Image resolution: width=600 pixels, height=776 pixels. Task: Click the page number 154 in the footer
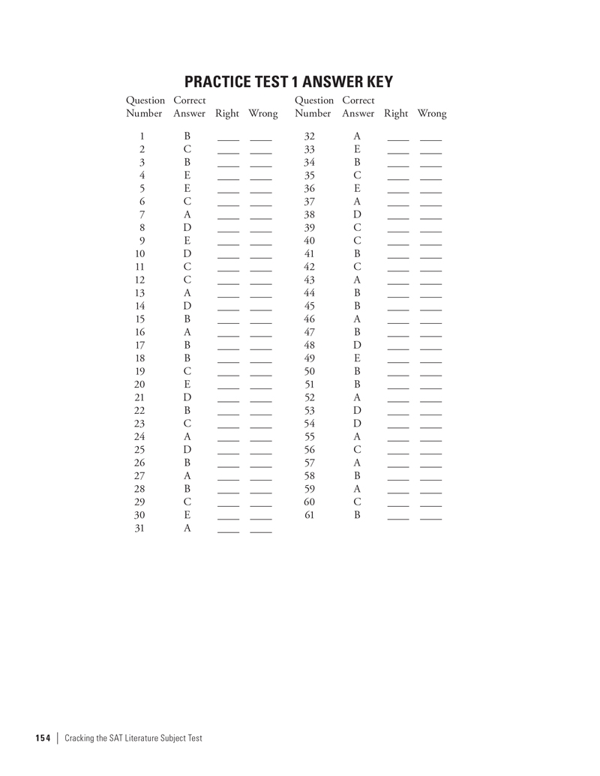42,738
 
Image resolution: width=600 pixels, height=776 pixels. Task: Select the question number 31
140,529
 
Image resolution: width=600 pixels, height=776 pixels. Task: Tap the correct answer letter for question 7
187,215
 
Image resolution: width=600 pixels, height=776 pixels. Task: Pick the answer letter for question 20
187,385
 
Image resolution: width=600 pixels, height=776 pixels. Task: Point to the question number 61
309,515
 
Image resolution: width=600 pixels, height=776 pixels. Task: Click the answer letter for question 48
357,346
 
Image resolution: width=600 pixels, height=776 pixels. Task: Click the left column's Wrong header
262,114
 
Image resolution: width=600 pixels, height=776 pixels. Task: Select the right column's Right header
396,114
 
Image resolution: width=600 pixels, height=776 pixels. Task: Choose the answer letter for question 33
357,150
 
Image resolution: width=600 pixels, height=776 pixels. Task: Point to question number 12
140,280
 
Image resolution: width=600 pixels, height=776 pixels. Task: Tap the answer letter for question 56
357,450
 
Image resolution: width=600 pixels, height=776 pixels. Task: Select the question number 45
309,307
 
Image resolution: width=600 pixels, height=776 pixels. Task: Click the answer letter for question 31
187,529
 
